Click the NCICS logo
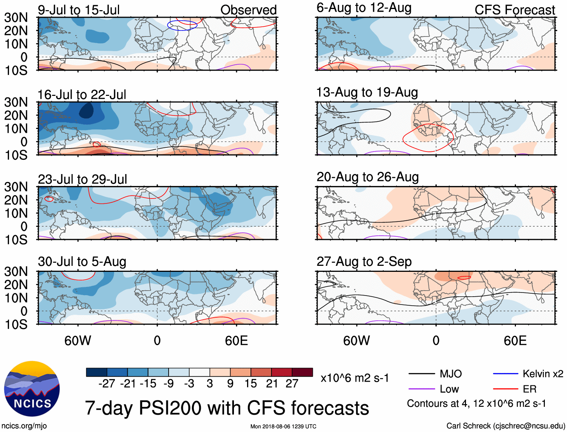click(32, 389)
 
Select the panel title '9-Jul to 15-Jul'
click(78, 10)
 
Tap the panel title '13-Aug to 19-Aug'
click(367, 92)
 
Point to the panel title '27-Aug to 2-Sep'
click(364, 262)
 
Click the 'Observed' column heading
click(248, 10)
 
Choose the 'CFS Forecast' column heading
click(514, 10)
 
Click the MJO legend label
click(451, 374)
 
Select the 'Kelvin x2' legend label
click(543, 374)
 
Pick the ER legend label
click(529, 389)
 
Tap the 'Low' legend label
click(449, 389)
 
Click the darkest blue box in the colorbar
click(97, 372)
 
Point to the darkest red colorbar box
click(302, 372)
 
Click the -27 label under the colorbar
click(107, 383)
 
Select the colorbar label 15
click(250, 383)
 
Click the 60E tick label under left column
click(236, 341)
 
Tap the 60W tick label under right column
click(356, 341)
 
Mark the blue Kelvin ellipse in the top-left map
click(182, 25)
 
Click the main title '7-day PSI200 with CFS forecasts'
click(227, 408)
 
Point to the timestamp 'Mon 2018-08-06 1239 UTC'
click(283, 426)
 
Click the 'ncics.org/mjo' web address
click(24, 426)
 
